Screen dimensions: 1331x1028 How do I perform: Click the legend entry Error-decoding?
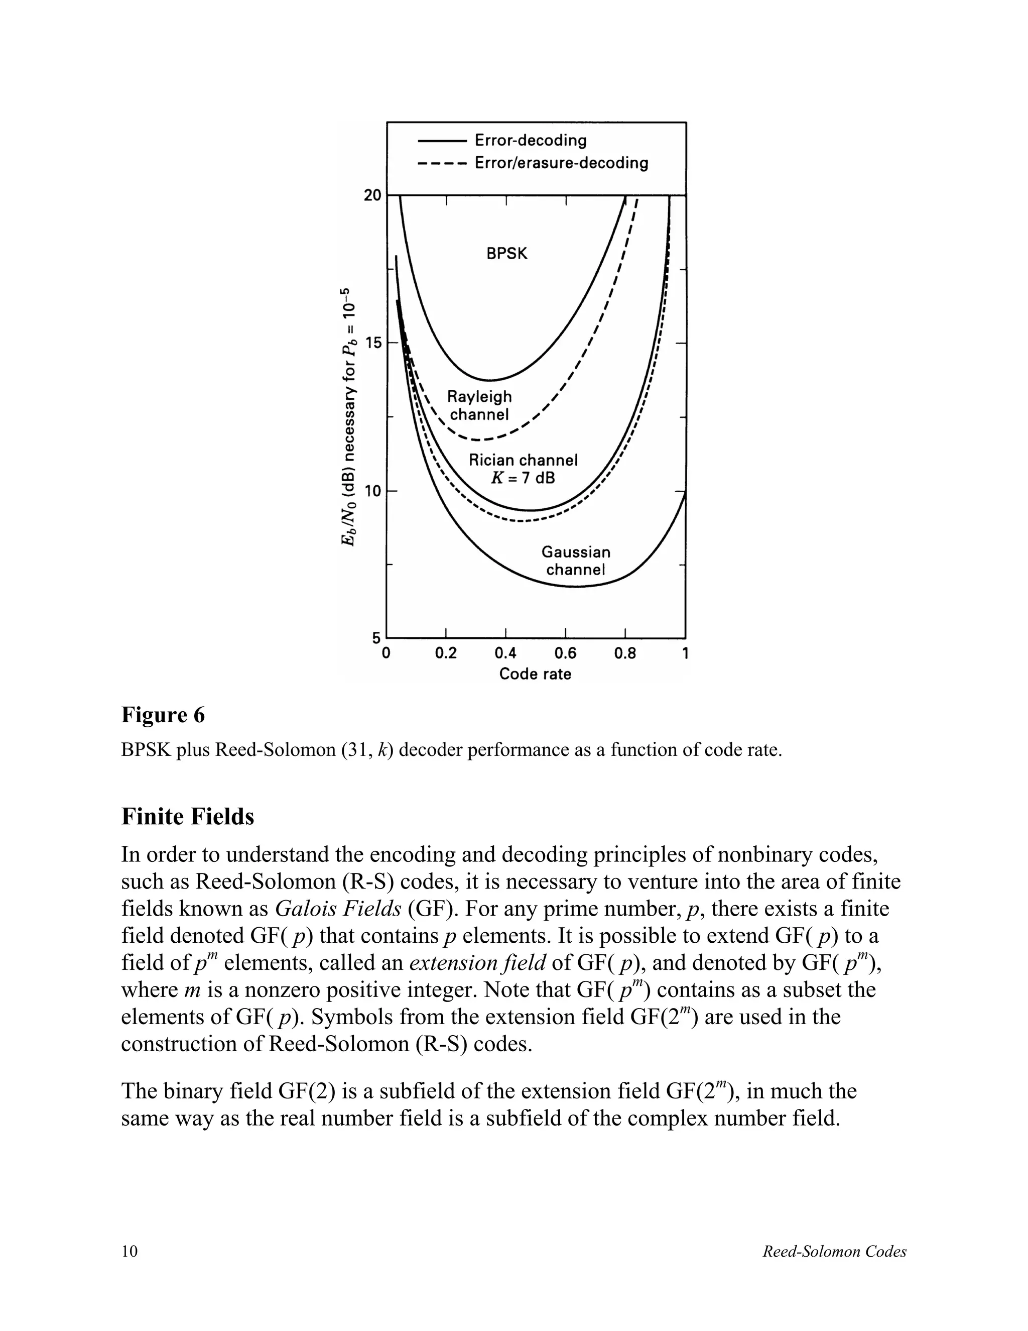coord(530,140)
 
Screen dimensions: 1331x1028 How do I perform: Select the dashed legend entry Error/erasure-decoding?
coord(561,163)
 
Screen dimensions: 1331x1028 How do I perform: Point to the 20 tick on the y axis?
coord(372,195)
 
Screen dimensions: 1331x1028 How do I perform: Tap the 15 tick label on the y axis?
coord(372,343)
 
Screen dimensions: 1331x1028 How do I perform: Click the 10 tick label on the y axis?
coord(372,491)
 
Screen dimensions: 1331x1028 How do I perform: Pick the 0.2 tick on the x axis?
coord(446,654)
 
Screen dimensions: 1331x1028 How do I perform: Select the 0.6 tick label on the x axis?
coord(565,654)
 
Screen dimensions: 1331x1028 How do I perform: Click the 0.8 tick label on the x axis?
coord(625,654)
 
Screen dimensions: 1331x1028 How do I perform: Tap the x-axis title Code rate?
coord(535,674)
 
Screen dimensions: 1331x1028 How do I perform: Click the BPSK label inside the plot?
coord(506,254)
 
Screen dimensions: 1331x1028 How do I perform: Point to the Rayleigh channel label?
coord(479,405)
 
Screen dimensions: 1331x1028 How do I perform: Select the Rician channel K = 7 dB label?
coord(523,469)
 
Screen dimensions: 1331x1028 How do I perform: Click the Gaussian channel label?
coord(576,561)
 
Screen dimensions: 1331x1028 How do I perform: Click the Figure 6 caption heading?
coord(163,715)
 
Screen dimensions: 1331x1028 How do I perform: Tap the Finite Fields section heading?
coord(188,817)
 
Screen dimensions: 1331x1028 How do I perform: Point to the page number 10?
coord(130,1251)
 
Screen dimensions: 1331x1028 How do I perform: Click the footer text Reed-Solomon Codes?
coord(834,1252)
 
